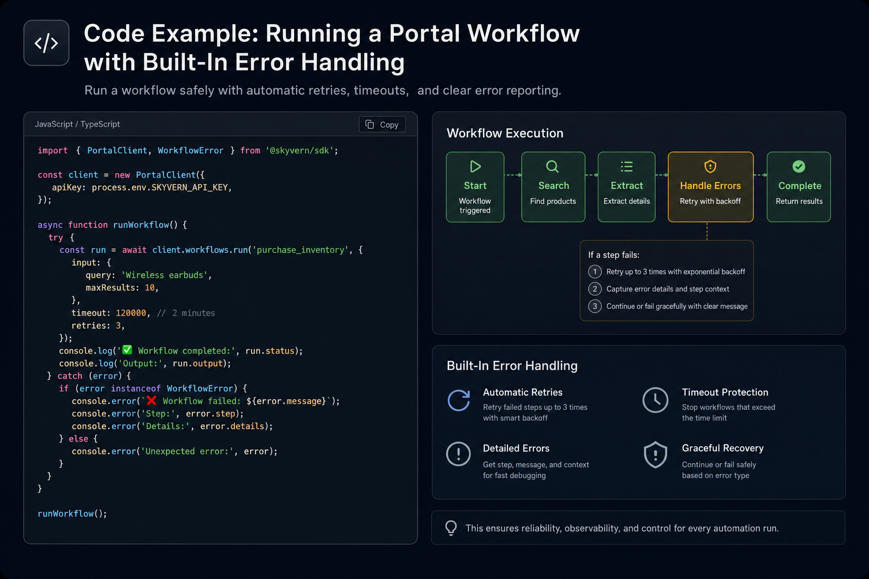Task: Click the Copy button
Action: coord(382,124)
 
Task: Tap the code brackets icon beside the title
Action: coord(46,43)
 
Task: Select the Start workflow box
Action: coord(475,187)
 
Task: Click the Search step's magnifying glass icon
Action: coord(552,167)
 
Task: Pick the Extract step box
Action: coord(626,187)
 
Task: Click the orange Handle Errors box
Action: coord(711,187)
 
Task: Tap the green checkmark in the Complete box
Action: coord(799,167)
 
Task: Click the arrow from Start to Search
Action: coord(513,175)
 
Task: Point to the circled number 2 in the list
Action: coord(595,289)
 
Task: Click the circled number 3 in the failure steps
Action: coord(595,306)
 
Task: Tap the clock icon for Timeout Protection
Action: coord(655,400)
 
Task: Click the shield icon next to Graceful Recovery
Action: coord(655,455)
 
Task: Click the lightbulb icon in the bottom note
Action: coord(451,528)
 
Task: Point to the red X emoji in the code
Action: coord(151,401)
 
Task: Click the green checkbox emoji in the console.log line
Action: coord(127,350)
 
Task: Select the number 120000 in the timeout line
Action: coord(131,313)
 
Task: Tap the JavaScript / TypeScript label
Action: coord(77,124)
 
